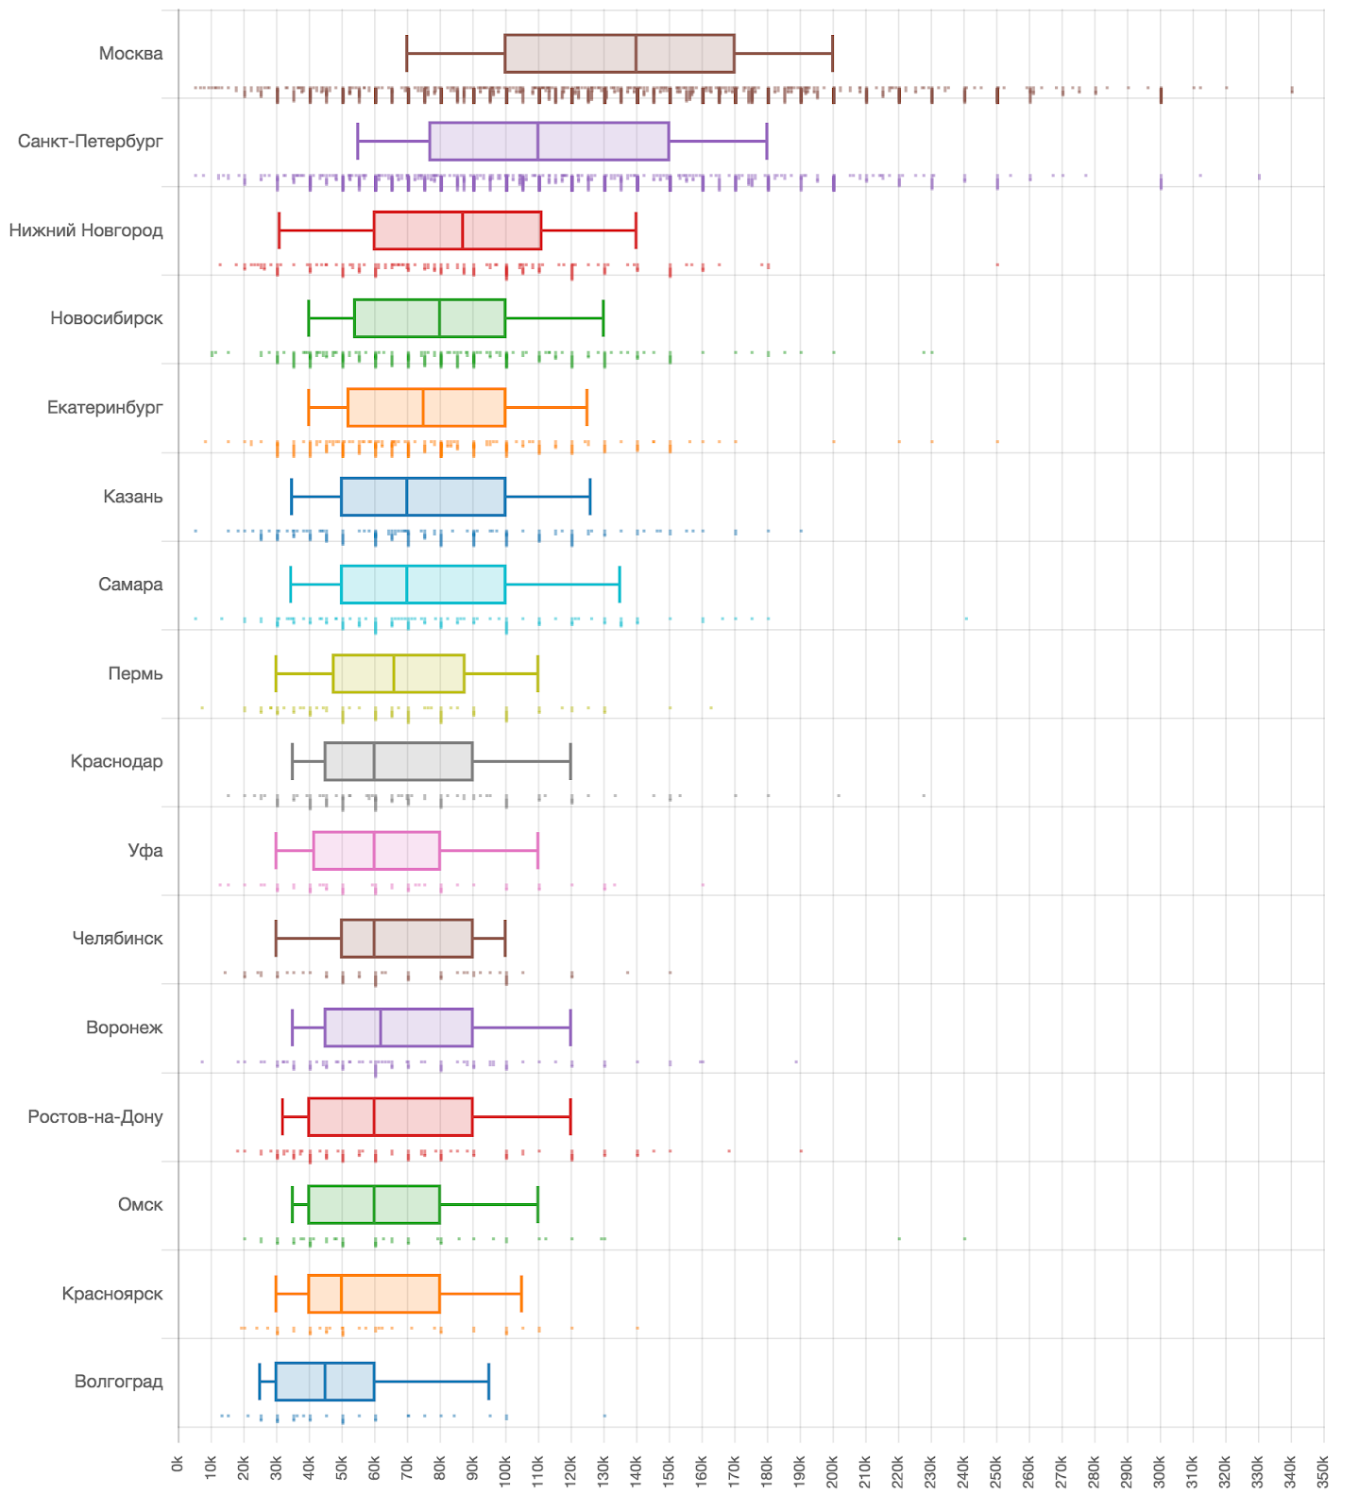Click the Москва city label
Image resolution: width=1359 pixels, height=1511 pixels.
pyautogui.click(x=130, y=54)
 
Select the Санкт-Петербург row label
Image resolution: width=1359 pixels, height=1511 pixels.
pyautogui.click(x=91, y=142)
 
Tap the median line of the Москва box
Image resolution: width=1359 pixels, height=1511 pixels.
pyautogui.click(x=636, y=53)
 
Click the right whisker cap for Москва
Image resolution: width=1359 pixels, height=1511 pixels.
pyautogui.click(x=832, y=53)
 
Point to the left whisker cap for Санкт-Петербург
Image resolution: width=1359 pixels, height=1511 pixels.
pyautogui.click(x=358, y=142)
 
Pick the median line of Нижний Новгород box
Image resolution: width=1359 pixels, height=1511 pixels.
pyautogui.click(x=463, y=230)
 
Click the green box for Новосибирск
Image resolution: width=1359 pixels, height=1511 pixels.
pyautogui.click(x=430, y=318)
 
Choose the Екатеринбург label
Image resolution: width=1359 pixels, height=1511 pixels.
pyautogui.click(x=105, y=407)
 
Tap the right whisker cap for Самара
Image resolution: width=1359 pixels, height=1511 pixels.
pyautogui.click(x=620, y=585)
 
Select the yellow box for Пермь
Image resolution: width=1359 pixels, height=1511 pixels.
pyautogui.click(x=399, y=673)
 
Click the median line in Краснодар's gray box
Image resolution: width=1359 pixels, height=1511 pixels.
pyautogui.click(x=374, y=761)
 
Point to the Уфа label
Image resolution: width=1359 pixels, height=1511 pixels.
pyautogui.click(x=145, y=850)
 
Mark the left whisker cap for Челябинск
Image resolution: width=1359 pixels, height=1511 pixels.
pyautogui.click(x=276, y=939)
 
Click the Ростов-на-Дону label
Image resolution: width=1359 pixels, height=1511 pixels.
pyautogui.click(x=95, y=1116)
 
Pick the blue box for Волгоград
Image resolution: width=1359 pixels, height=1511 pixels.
pyautogui.click(x=325, y=1382)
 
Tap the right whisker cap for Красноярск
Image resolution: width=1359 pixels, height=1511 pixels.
pyautogui.click(x=521, y=1294)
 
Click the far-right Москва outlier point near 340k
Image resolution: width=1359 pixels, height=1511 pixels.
pyautogui.click(x=1292, y=90)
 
